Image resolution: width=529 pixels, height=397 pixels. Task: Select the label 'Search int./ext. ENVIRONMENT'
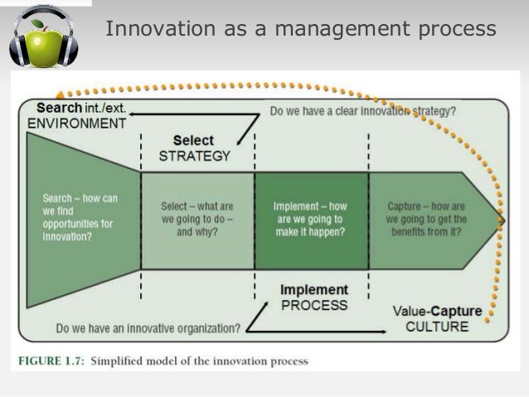click(x=80, y=116)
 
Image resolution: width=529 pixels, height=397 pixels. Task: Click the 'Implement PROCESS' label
click(x=313, y=298)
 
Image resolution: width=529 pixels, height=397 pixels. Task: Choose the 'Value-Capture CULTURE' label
click(x=436, y=318)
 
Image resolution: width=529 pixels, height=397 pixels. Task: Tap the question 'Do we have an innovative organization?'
click(x=148, y=328)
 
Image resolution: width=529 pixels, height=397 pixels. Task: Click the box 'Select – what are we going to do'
click(x=197, y=219)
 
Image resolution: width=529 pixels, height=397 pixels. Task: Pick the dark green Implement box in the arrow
click(x=310, y=219)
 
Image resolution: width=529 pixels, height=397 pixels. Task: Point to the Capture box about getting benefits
click(x=427, y=219)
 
